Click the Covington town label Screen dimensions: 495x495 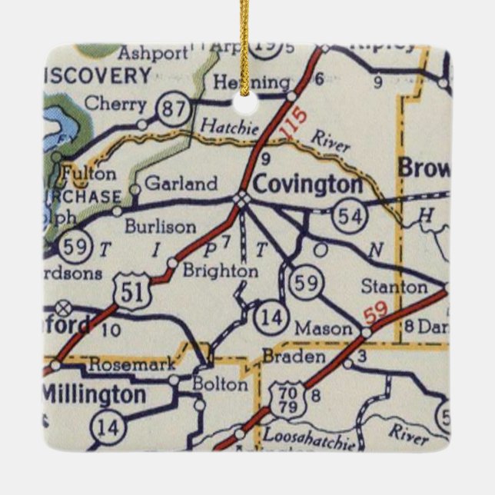click(307, 184)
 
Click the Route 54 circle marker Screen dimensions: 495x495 click(349, 217)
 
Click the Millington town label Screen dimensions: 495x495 click(92, 395)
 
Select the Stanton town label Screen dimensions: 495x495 click(394, 287)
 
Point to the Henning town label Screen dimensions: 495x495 click(242, 82)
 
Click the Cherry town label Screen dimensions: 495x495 click(115, 102)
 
